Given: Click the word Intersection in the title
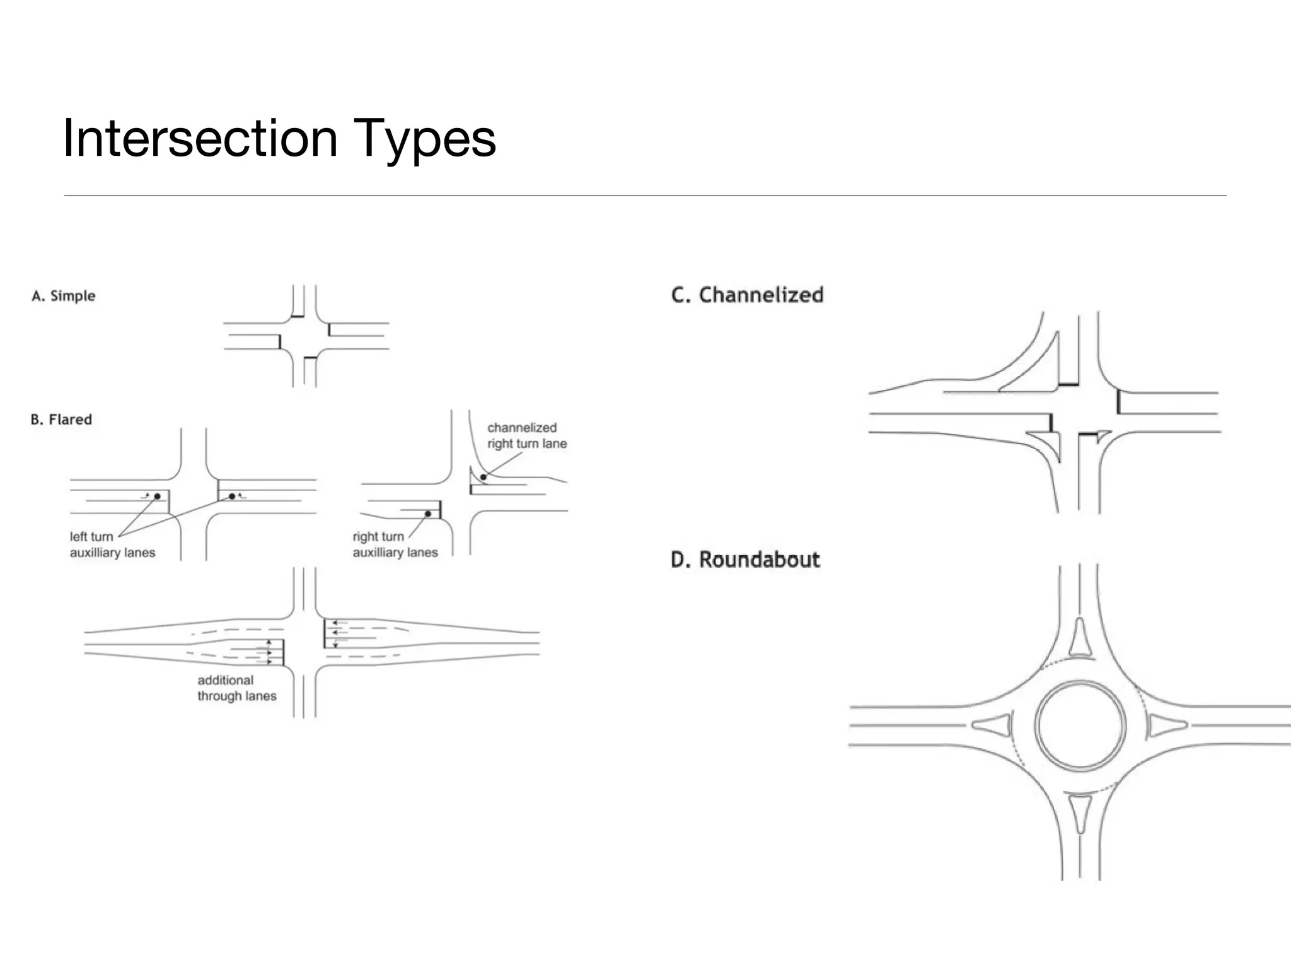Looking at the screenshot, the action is pos(200,138).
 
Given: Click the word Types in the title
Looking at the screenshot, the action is pos(424,138).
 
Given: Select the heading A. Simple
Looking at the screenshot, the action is pos(64,296).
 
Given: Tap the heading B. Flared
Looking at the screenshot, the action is pos(61,420).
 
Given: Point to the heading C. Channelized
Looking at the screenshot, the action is pos(747,295).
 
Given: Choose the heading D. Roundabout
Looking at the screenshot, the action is pos(745,560).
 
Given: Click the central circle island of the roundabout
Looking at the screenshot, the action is pos(1080,725).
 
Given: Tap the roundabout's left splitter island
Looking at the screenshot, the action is pos(995,725).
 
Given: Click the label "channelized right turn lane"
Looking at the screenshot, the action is pos(526,435).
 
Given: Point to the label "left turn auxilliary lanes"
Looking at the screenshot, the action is pos(112,544).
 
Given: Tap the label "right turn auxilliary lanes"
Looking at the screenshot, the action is pos(395,544).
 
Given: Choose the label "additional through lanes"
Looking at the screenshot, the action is pos(236,688).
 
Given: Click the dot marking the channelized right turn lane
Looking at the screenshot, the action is pos(483,477).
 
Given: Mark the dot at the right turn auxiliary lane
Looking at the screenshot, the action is pos(427,514).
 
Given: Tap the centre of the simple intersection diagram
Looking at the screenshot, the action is pos(304,336).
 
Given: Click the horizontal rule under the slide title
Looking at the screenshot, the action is pos(645,196).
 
